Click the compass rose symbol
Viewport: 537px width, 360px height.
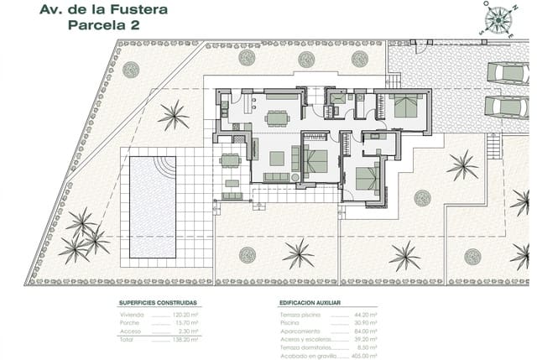coord(498,18)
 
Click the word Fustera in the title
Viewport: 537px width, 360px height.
coord(133,10)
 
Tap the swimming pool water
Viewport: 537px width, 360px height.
coord(152,206)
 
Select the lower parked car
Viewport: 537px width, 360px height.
coord(507,107)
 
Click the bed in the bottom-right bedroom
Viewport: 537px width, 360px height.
coord(367,178)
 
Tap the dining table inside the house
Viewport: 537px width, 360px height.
coord(277,118)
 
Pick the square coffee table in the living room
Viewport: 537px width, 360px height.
coord(277,158)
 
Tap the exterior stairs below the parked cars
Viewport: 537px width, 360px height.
coord(493,148)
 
